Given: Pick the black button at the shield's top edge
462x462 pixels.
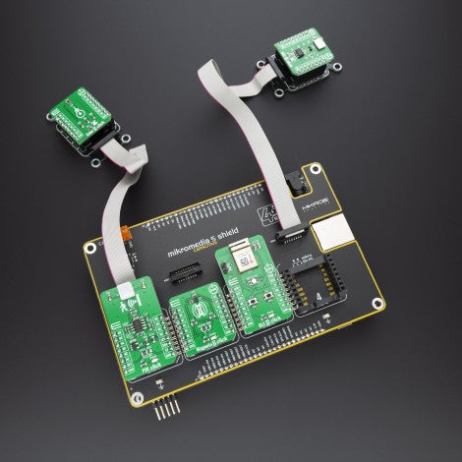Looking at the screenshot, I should click(294, 183).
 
